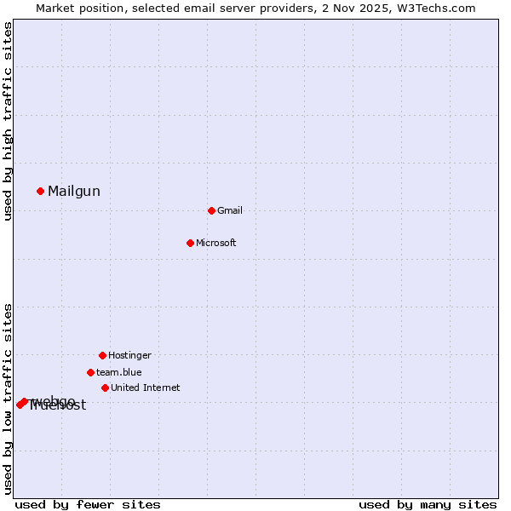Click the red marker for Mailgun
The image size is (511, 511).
(x=40, y=191)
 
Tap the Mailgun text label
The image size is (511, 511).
(x=74, y=192)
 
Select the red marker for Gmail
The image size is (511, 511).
(x=211, y=210)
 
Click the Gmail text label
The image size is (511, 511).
(x=230, y=210)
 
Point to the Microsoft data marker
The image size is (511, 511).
(x=190, y=243)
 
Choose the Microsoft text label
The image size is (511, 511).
(x=216, y=243)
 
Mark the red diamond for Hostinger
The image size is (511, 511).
(x=102, y=355)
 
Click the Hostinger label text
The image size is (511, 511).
(x=129, y=355)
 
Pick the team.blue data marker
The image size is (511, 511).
(x=90, y=372)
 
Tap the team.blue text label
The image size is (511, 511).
(x=119, y=372)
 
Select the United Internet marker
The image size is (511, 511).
(x=105, y=388)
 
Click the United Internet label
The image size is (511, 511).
(x=146, y=388)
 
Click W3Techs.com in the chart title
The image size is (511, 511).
(x=435, y=8)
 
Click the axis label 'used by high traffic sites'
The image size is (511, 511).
(x=8, y=121)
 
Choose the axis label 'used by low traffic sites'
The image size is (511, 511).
(x=8, y=399)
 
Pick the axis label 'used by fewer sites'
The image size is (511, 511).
(x=88, y=504)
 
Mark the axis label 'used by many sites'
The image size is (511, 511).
(x=428, y=504)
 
